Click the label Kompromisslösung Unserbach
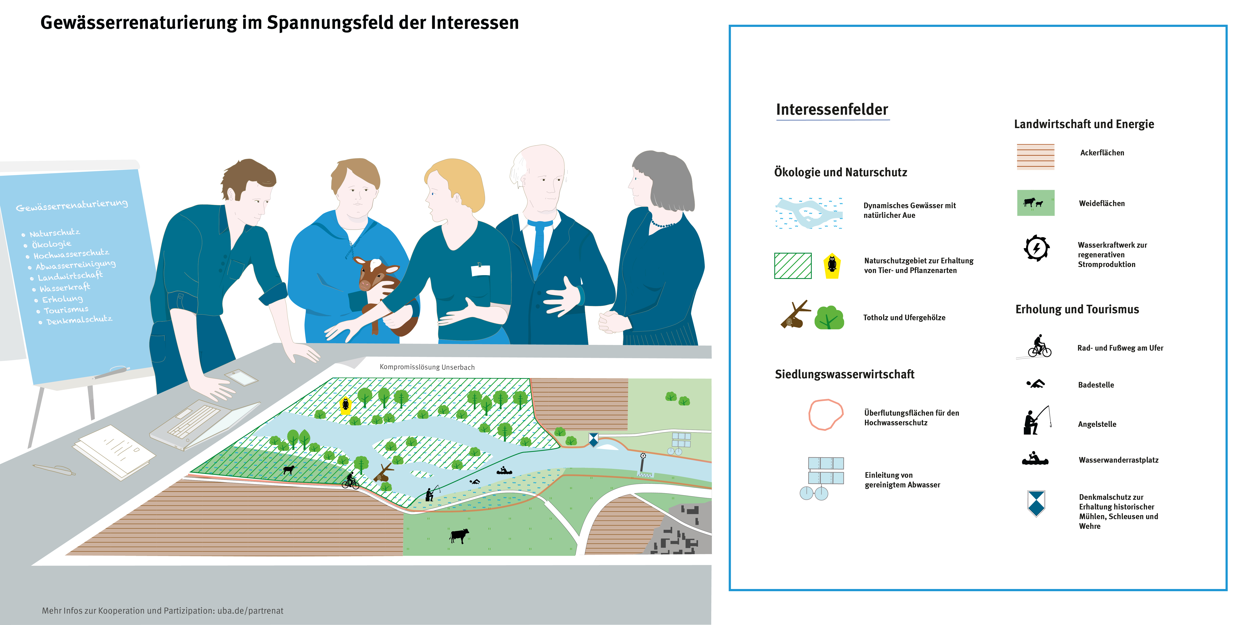click(427, 367)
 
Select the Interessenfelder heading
click(832, 110)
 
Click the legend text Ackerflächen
click(1102, 153)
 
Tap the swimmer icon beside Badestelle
click(1036, 384)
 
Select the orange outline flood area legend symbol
click(826, 414)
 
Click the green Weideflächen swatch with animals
click(1036, 203)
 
